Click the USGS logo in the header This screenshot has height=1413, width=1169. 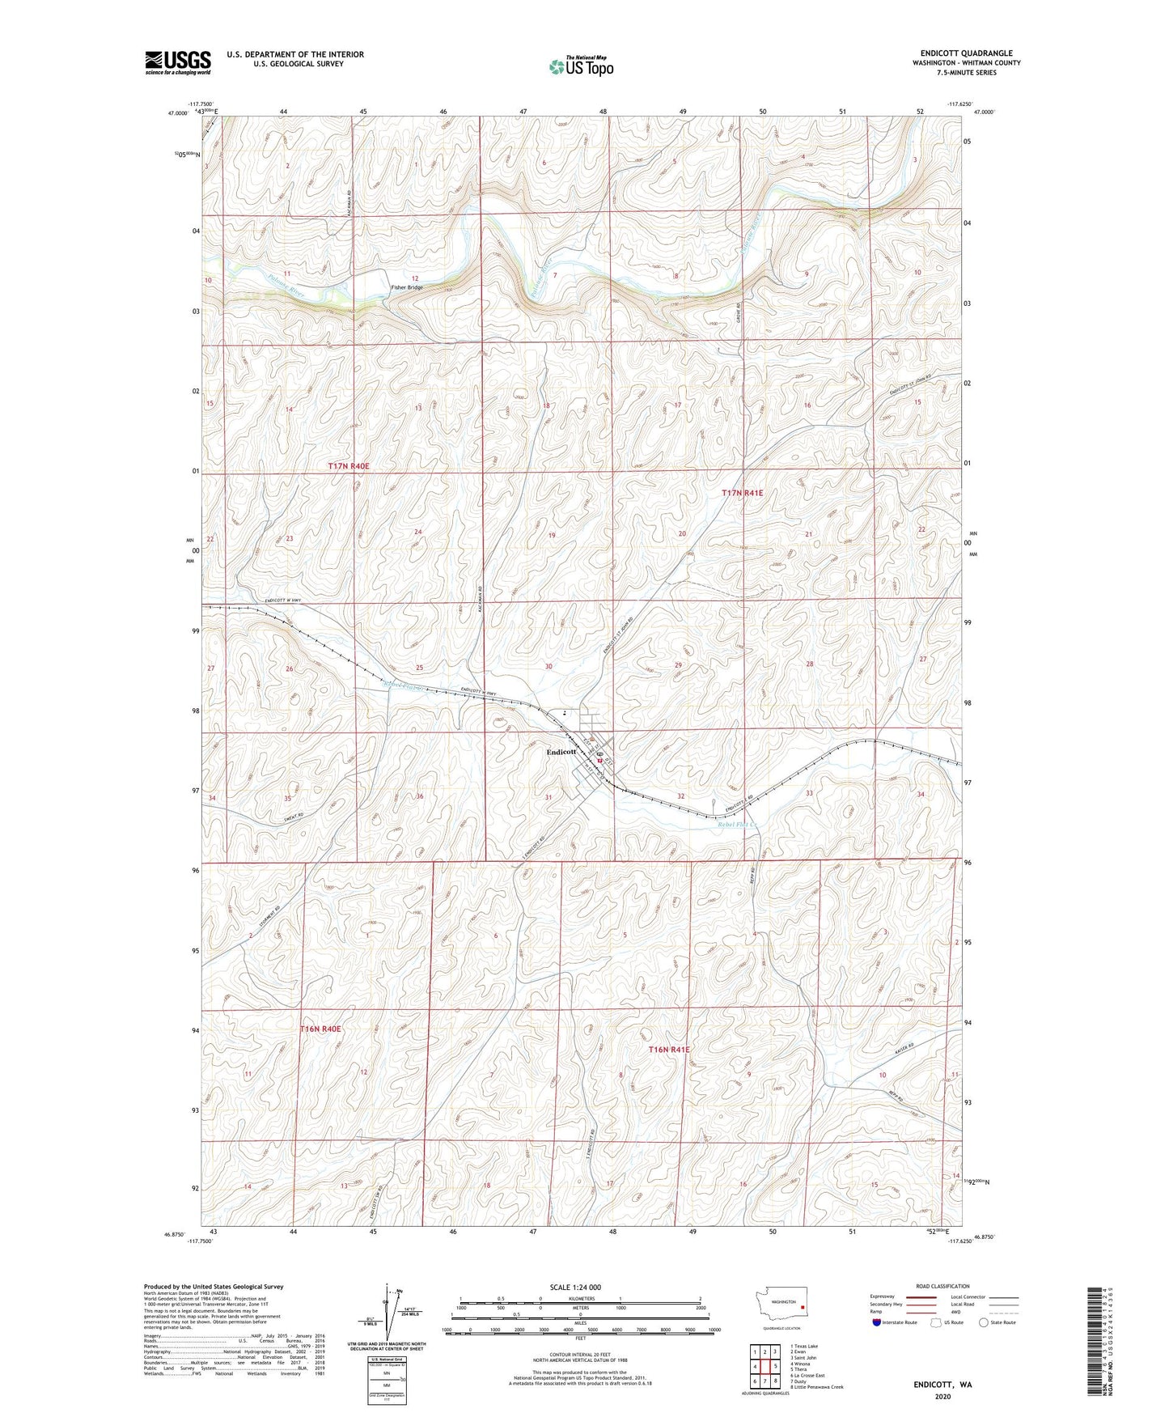click(177, 62)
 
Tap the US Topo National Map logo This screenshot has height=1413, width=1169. click(580, 66)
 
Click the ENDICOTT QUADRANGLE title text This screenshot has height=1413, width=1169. click(966, 53)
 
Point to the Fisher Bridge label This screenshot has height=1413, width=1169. click(407, 287)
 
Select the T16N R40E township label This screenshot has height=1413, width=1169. click(321, 1029)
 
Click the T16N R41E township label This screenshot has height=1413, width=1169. click(668, 1050)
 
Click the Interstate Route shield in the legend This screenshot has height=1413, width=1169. click(879, 1322)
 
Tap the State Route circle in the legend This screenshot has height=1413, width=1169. click(984, 1322)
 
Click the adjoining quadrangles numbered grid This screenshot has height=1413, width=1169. click(765, 1368)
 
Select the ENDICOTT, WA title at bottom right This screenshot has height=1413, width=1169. click(942, 1385)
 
